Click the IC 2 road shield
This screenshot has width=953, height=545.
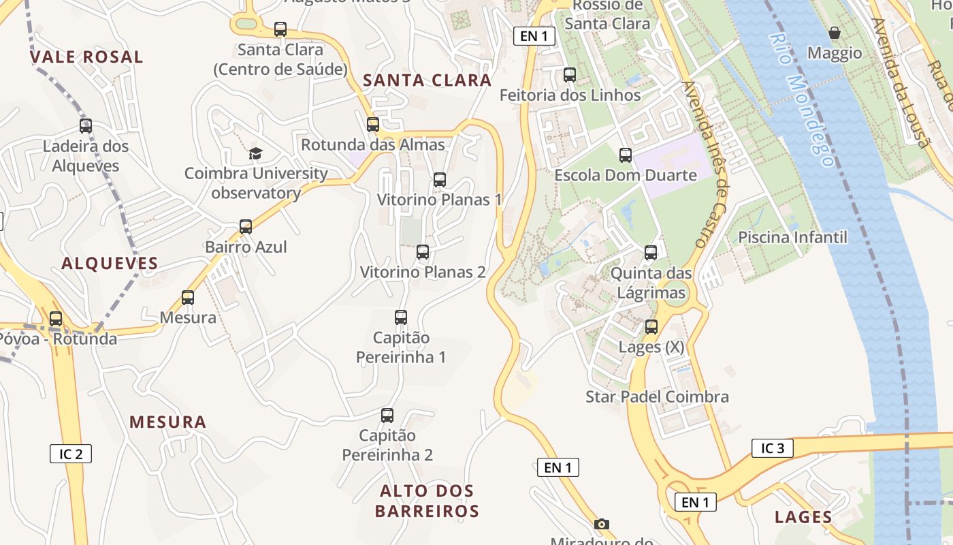click(71, 454)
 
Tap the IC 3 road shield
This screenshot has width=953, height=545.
click(773, 448)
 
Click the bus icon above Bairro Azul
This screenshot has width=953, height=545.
click(246, 227)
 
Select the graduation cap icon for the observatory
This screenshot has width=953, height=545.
click(255, 153)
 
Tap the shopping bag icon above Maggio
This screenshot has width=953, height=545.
click(834, 33)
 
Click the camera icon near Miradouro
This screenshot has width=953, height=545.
click(601, 524)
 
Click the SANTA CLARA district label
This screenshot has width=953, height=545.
click(427, 80)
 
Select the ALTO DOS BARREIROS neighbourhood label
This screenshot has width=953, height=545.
click(427, 501)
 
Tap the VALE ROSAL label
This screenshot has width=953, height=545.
click(86, 57)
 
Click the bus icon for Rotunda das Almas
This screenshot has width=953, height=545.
click(372, 125)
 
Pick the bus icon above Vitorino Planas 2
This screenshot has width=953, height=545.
click(423, 252)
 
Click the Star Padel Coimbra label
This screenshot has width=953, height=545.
click(657, 396)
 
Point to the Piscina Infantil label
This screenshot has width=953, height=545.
click(792, 237)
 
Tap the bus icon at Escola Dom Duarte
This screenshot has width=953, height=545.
click(625, 155)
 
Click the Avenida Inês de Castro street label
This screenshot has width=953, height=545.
click(706, 164)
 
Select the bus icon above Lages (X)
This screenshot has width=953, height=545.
click(651, 327)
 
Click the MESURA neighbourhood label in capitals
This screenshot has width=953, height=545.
click(167, 422)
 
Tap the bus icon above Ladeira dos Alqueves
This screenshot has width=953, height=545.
click(86, 126)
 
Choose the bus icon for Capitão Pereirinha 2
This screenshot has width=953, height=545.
click(387, 416)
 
